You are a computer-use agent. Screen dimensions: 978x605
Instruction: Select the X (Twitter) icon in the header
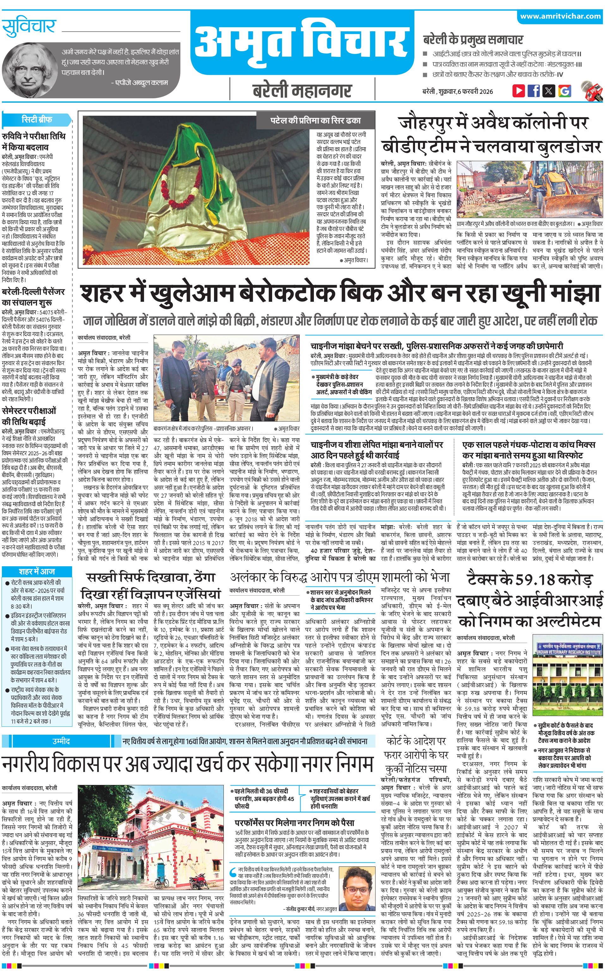(x=549, y=91)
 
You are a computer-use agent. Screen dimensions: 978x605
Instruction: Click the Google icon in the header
(x=564, y=91)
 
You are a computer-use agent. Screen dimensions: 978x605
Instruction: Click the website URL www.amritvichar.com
(x=560, y=16)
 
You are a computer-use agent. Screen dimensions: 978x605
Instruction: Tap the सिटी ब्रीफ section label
(x=37, y=119)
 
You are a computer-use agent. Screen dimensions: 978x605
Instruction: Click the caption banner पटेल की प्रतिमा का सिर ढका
(x=315, y=120)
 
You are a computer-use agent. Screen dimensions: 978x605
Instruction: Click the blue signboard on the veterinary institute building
(x=569, y=648)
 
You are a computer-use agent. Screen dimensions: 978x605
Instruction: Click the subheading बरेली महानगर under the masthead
(x=302, y=91)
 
